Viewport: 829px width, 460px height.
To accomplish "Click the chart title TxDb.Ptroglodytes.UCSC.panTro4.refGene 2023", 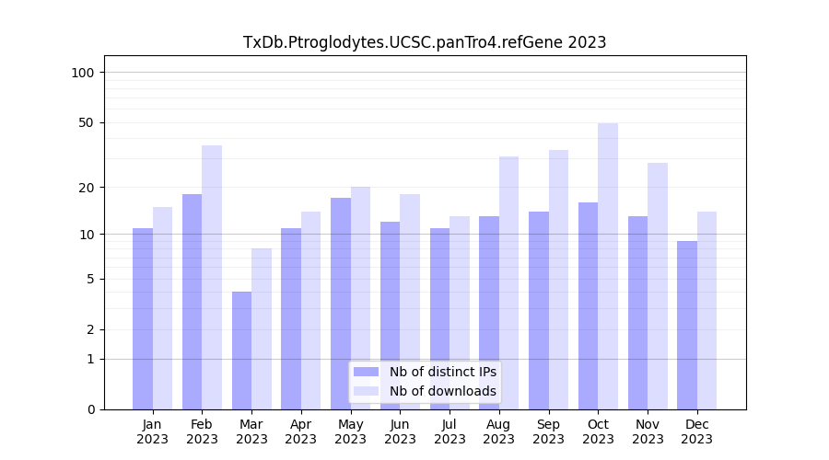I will coord(425,42).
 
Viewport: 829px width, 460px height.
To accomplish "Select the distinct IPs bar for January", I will coord(143,318).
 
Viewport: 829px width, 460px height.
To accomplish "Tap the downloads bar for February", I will coord(212,277).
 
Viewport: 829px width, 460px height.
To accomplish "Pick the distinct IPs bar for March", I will coord(241,351).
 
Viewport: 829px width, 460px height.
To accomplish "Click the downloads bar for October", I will coord(608,266).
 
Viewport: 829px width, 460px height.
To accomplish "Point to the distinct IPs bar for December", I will coord(687,325).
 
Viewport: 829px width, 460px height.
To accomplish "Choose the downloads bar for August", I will coord(508,282).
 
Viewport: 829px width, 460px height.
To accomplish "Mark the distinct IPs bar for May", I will coord(341,304).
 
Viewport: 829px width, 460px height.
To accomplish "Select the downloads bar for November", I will coord(658,286).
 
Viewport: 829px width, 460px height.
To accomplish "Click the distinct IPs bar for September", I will coord(539,310).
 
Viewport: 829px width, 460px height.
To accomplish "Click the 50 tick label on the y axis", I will coord(86,122).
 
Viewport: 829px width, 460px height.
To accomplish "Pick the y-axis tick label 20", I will coord(86,188).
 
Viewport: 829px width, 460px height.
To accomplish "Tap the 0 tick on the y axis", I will coord(90,409).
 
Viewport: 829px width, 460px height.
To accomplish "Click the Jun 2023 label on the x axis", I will coord(400,431).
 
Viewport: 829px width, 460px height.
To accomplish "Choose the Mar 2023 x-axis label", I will coord(251,431).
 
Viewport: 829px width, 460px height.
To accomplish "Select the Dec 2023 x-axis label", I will coord(697,431).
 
